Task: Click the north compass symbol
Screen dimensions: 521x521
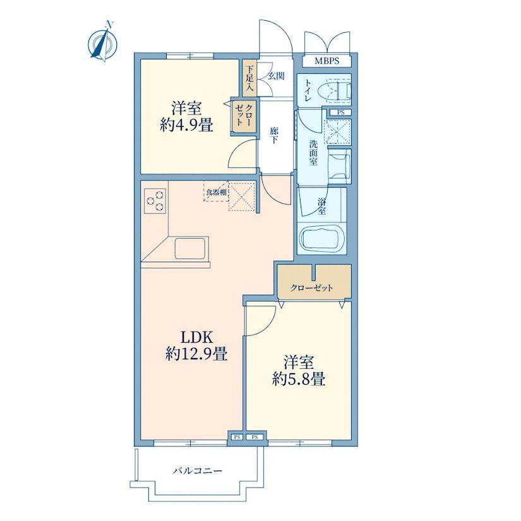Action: [x=103, y=42]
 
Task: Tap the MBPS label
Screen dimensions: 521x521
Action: [x=326, y=61]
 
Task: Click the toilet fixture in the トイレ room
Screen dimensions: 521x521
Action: [x=335, y=90]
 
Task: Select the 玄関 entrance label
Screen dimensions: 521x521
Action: [x=276, y=76]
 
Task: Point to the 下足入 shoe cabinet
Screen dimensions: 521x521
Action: [x=249, y=78]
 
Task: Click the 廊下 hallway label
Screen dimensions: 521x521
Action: [x=274, y=136]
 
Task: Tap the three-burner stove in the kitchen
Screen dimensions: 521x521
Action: [x=155, y=201]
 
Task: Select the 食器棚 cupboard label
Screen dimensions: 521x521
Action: [x=217, y=192]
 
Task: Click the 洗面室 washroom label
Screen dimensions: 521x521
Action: [x=313, y=153]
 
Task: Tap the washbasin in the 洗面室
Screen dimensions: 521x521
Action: [x=339, y=165]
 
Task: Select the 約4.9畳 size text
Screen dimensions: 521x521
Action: [x=186, y=126]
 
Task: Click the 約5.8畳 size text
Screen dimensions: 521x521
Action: [x=298, y=379]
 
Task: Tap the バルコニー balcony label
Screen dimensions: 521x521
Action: [x=198, y=471]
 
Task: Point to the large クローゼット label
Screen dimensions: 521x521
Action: [x=311, y=288]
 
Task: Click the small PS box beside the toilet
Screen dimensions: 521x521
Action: [x=340, y=112]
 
